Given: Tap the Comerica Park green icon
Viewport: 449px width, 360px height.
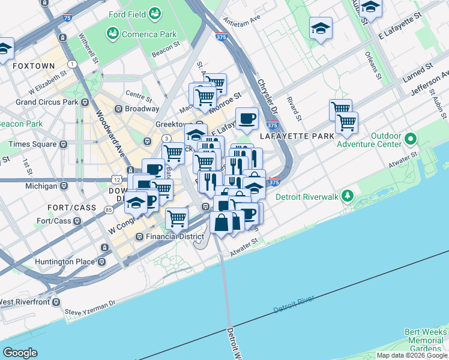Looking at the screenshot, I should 112,34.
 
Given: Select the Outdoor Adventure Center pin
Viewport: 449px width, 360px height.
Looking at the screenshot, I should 411,140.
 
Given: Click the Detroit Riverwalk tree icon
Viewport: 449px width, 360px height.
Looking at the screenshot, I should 347,196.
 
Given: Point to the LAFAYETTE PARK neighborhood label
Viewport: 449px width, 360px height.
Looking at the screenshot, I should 297,136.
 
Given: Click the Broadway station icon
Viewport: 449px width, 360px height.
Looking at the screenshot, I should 118,109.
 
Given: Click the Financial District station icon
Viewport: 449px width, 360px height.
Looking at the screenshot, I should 140,236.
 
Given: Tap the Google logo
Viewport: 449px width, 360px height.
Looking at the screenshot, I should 20,352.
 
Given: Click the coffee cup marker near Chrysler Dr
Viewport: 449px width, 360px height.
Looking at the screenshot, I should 247,118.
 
